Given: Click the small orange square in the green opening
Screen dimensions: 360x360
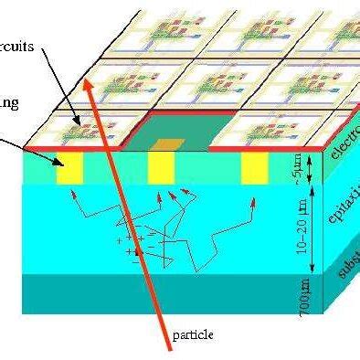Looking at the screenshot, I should click(x=167, y=143).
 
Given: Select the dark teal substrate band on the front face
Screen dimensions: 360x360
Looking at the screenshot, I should click(x=137, y=292).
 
